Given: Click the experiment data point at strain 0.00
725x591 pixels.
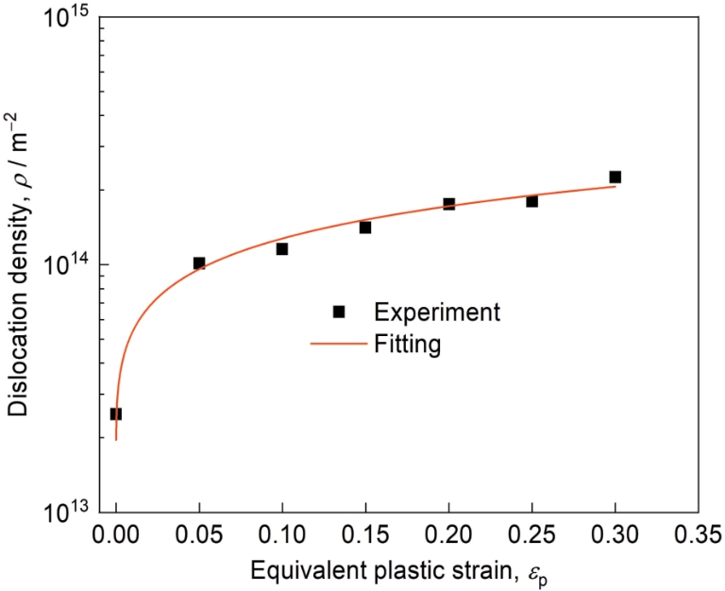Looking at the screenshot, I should pos(116,414).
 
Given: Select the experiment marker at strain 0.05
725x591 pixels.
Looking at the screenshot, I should pos(199,263).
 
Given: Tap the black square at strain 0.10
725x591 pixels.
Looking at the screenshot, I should pos(282,249).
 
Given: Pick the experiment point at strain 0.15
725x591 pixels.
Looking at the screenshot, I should pos(365,228).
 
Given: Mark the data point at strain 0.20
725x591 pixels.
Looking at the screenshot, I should pos(449,204).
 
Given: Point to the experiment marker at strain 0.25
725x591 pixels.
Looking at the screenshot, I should pos(532,201).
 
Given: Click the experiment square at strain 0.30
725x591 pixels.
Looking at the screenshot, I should pos(615,177).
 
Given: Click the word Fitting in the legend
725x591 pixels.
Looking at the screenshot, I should pos(407,344).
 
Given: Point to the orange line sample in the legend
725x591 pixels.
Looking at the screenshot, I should pos(338,344).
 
